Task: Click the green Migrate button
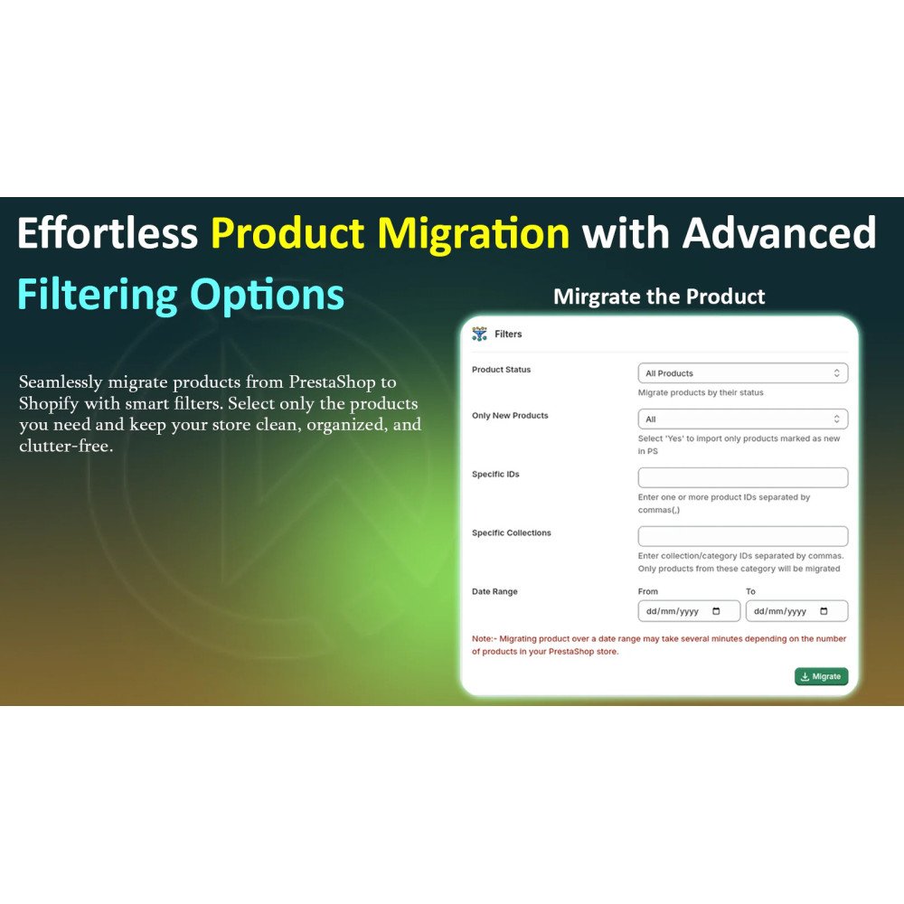point(821,676)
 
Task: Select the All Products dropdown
point(742,373)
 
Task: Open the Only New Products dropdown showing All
point(742,419)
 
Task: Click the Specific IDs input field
point(742,477)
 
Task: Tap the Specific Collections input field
point(742,536)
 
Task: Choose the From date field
point(689,611)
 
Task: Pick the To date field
point(796,611)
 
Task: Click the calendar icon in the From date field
point(716,611)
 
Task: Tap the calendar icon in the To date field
point(824,611)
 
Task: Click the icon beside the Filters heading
point(479,334)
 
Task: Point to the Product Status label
point(501,370)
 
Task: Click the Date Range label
point(494,591)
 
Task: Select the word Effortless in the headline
point(108,233)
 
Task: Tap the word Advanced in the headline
point(779,233)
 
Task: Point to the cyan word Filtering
point(98,296)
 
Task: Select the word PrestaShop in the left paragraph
point(332,381)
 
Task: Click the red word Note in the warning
point(482,639)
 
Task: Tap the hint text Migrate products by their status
point(701,392)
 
